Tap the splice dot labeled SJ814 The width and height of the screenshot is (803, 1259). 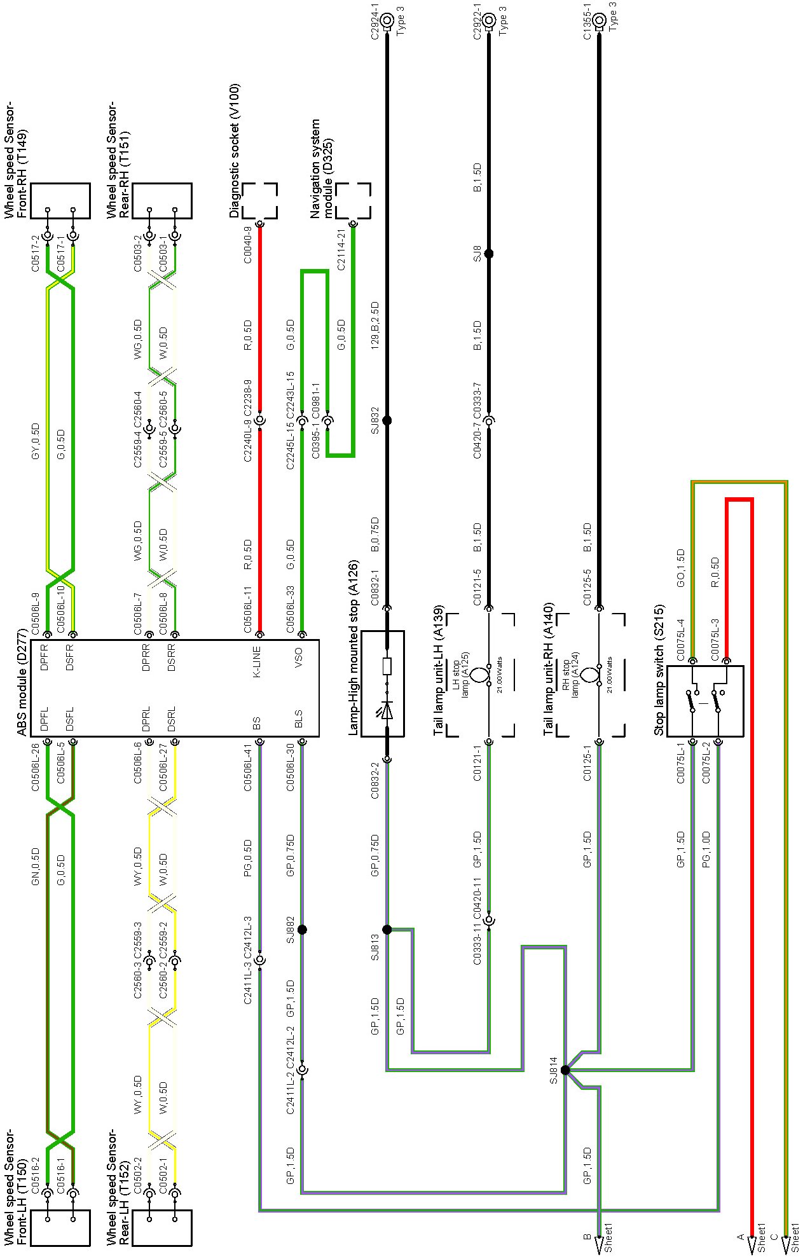point(565,1070)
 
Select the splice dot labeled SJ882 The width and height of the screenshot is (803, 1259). point(302,930)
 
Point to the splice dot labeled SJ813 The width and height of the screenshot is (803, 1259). point(387,930)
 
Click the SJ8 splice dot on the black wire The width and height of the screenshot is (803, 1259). point(488,254)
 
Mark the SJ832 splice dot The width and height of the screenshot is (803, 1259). point(387,420)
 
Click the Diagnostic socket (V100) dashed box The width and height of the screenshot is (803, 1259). point(259,201)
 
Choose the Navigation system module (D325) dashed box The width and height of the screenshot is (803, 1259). point(353,201)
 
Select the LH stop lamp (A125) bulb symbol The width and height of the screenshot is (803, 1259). point(480,676)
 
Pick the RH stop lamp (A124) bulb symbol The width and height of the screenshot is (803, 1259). point(590,676)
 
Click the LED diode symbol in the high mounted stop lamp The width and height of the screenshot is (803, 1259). point(387,709)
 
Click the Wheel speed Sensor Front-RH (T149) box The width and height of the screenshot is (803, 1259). point(60,201)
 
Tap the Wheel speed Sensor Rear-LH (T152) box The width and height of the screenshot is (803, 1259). point(161,1228)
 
